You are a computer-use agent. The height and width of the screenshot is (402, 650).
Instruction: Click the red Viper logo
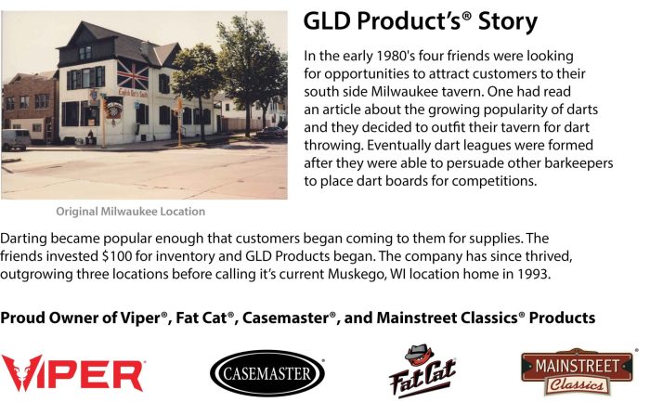(72, 373)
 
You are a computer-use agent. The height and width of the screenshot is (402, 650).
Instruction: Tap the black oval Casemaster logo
(267, 373)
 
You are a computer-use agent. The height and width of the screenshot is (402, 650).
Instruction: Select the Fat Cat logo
(422, 371)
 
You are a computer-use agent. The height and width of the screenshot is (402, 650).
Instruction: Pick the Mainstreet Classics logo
(577, 372)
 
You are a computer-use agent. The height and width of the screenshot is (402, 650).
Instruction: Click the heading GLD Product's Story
(421, 21)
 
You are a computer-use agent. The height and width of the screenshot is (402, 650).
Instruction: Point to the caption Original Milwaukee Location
(131, 212)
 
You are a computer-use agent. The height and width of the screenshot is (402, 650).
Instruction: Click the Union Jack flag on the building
(133, 74)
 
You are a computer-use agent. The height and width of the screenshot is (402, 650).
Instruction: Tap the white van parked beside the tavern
(16, 139)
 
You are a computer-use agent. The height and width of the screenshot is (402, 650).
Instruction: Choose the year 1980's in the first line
(395, 56)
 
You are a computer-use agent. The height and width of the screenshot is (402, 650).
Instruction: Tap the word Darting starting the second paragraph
(23, 239)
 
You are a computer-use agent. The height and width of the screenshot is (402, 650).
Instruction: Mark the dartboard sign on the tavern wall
(112, 110)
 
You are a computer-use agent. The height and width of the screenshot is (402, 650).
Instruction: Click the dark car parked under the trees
(270, 132)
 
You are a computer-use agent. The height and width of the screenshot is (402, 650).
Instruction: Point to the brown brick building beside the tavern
(30, 106)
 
